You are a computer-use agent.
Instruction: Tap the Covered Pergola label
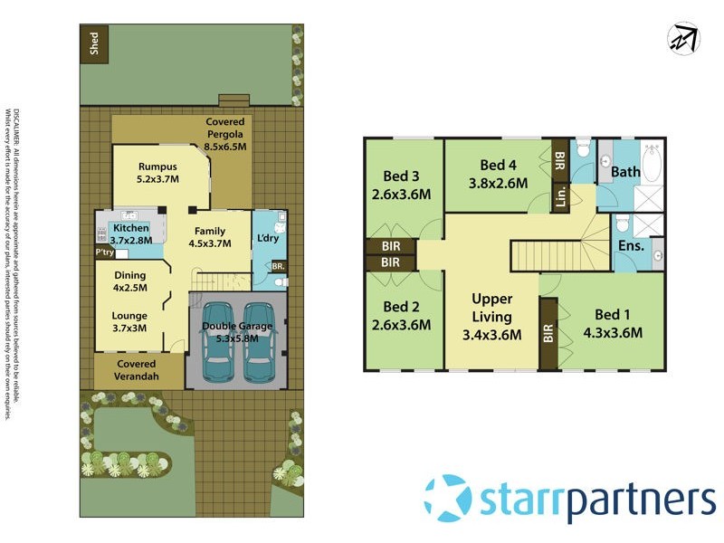tap(225, 133)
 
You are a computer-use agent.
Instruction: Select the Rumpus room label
tap(157, 172)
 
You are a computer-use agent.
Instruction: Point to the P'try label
tap(105, 253)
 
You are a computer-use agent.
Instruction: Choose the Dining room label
tap(129, 281)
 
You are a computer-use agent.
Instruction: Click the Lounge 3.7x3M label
tap(129, 323)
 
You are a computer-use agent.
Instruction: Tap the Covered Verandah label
tap(137, 369)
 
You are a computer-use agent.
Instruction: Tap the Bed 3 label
tap(400, 184)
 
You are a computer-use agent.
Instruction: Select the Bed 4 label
tap(498, 172)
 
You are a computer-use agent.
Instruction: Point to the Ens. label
tap(631, 245)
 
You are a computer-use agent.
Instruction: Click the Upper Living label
tap(492, 317)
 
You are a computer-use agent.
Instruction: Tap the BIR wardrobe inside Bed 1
tap(548, 333)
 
